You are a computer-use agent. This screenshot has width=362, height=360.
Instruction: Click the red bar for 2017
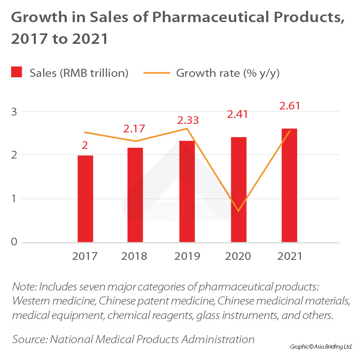coord(85,199)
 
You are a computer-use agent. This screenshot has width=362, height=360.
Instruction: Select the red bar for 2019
coord(187,191)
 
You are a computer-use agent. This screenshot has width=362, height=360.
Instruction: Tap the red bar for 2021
coord(289,185)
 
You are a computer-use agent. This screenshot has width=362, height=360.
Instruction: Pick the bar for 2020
coord(239,189)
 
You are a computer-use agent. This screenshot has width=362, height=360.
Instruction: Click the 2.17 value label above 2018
coord(134,130)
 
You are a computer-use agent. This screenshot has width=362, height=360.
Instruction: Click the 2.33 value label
coord(188,120)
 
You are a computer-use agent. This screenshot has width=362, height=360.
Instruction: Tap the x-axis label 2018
coord(134,256)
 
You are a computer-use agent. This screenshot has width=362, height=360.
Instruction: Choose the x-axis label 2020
coord(238,256)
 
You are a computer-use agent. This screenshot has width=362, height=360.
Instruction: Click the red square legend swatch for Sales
coord(16,73)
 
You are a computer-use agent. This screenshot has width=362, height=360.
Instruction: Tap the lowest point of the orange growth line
coord(239,211)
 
